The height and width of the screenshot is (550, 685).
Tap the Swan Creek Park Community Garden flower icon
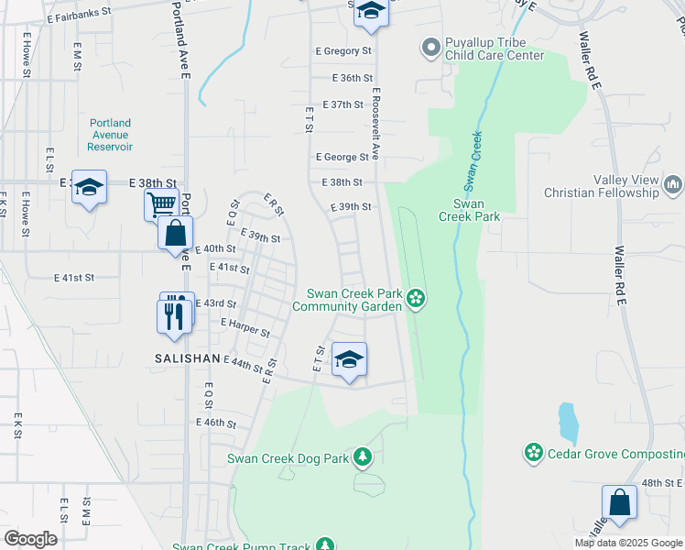[416, 297]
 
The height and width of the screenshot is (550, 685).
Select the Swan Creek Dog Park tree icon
[364, 456]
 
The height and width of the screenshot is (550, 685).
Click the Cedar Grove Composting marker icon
[533, 452]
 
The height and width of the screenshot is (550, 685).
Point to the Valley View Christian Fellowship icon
[674, 186]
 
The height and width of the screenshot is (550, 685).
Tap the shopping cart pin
[161, 204]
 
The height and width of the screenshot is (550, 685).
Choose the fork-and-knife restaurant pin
[174, 315]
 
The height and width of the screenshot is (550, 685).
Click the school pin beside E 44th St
[349, 359]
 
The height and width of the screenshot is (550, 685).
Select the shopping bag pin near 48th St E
[619, 502]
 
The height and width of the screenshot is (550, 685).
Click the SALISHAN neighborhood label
[187, 358]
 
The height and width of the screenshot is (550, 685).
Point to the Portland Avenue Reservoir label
[111, 135]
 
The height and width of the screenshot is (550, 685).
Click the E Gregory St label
[343, 52]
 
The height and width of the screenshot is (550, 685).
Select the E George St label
[342, 158]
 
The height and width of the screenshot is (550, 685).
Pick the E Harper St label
[245, 327]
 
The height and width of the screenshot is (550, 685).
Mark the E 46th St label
[216, 423]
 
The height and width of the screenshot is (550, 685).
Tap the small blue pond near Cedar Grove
[568, 421]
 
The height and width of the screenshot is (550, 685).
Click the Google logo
[31, 538]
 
